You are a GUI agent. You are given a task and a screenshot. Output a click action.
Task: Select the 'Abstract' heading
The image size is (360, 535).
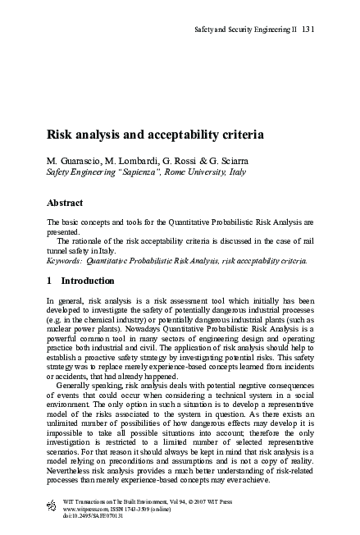pos(67,203)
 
